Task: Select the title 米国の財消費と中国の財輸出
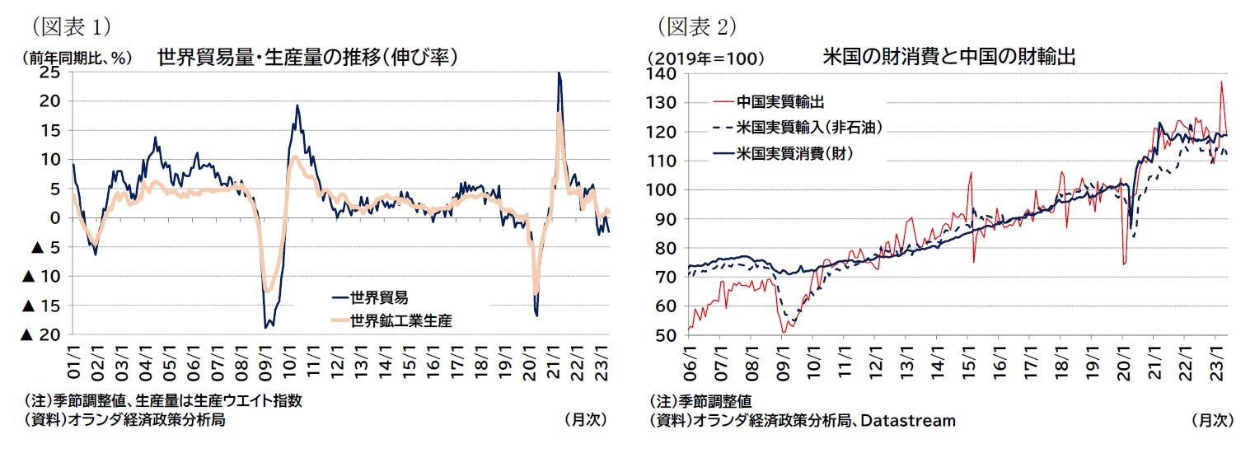pos(949,57)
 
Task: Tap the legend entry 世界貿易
pos(378,297)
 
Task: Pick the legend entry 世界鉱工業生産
pos(401,320)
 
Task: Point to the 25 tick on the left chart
pos(50,72)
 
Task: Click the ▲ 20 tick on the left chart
pos(40,334)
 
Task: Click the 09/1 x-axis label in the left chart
pos(265,362)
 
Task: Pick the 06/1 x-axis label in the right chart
pos(689,363)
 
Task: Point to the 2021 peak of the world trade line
pos(559,73)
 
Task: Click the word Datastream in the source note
pos(913,421)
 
